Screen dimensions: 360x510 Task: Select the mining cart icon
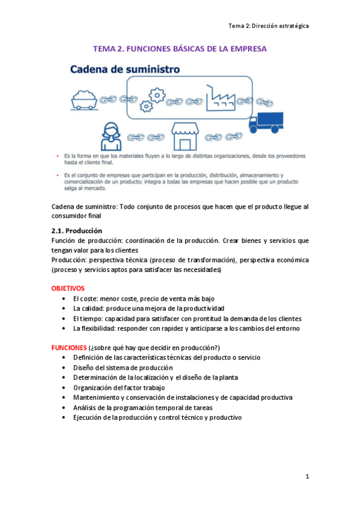[85, 98]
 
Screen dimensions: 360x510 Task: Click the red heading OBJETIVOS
[68, 289]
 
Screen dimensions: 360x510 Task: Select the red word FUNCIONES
[69, 348]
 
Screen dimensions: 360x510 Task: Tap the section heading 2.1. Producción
[77, 231]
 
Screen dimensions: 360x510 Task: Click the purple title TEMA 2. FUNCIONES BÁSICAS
[180, 49]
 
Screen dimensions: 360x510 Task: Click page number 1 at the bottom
[307, 477]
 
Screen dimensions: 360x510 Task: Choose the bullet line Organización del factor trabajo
[119, 387]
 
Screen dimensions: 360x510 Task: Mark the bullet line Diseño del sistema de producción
[123, 367]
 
